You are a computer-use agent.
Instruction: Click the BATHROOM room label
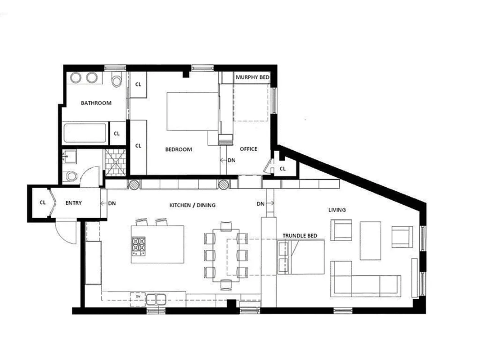(96, 103)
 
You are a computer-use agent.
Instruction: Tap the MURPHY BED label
(252, 77)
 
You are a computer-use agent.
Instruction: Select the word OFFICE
(248, 149)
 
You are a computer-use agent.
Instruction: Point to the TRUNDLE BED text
(300, 236)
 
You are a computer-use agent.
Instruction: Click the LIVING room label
(337, 210)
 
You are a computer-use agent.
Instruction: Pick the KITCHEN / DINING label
(192, 205)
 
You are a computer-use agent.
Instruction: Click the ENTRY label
(73, 203)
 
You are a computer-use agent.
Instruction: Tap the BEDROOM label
(179, 149)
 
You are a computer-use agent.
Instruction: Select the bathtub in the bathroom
(85, 133)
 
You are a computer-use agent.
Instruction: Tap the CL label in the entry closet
(43, 203)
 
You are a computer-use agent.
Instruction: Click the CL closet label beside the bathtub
(117, 134)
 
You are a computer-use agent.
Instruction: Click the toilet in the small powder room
(71, 176)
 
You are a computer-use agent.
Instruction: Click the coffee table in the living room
(370, 240)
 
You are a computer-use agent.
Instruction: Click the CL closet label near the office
(283, 169)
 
